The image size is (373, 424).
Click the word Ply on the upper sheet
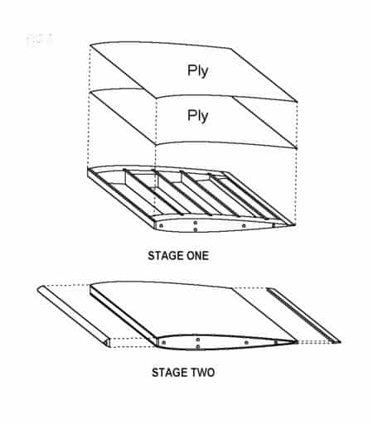click(x=197, y=70)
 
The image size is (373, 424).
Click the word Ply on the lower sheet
click(x=197, y=115)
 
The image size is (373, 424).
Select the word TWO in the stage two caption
click(x=199, y=373)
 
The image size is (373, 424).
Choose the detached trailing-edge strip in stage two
click(x=303, y=314)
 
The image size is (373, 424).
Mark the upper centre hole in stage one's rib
click(x=195, y=222)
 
